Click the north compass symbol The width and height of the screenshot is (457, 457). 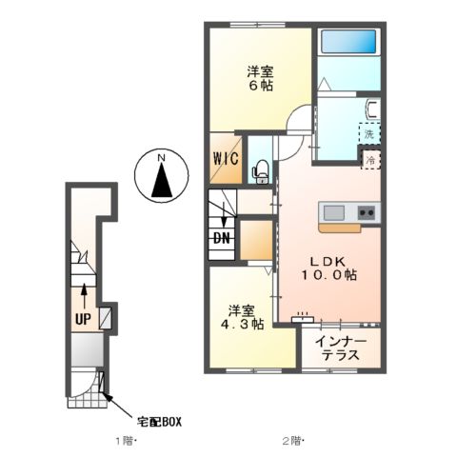tap(161, 177)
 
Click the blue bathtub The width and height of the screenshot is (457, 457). tap(348, 44)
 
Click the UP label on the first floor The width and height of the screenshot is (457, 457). tap(83, 320)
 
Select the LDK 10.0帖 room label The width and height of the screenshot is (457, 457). tap(330, 268)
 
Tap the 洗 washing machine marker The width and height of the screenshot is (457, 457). tap(368, 134)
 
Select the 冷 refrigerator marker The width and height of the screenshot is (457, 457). tap(369, 161)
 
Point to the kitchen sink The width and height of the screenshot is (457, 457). tap(334, 212)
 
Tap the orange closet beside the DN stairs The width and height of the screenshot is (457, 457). tap(254, 240)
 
